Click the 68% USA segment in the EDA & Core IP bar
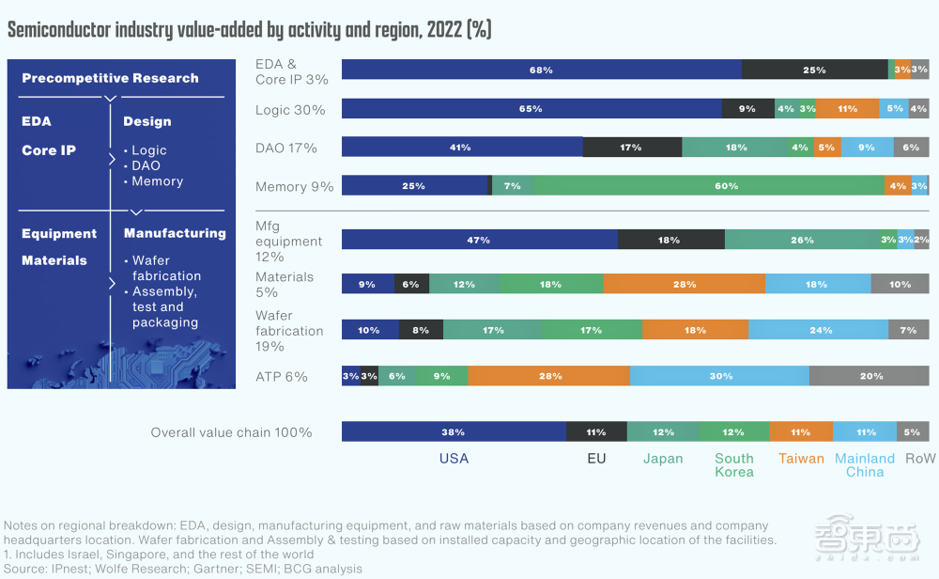point(541,70)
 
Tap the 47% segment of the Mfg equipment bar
point(479,240)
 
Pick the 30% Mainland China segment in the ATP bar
point(720,376)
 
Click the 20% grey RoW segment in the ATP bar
point(870,376)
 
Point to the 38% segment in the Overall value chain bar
point(454,432)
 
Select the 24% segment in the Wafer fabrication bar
point(819,330)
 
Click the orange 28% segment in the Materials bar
point(684,284)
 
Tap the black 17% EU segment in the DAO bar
point(632,148)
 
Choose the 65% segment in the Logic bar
point(531,109)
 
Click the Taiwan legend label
point(801,459)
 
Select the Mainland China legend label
point(865,465)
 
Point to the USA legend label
point(454,459)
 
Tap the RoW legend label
point(920,459)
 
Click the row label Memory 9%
point(294,187)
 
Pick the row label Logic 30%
point(290,110)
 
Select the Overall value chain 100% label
point(231,433)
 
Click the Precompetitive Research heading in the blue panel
point(110,78)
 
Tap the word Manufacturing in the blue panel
point(175,233)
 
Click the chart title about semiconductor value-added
point(249,30)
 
